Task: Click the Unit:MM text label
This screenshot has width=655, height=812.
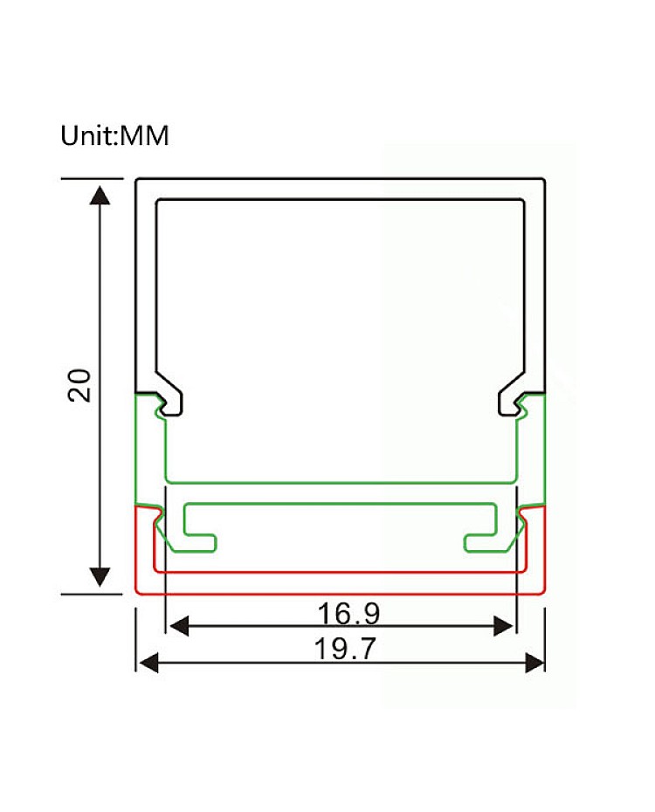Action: pyautogui.click(x=114, y=135)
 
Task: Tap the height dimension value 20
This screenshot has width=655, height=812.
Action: pyautogui.click(x=79, y=385)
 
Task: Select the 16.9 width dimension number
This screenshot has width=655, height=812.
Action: pyautogui.click(x=348, y=613)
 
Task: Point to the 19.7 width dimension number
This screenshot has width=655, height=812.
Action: pyautogui.click(x=345, y=649)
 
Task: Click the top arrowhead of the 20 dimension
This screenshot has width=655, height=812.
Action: pyautogui.click(x=100, y=196)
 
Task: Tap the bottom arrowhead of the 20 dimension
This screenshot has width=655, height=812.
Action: pyautogui.click(x=100, y=576)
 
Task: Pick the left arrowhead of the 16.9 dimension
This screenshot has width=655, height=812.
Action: pyautogui.click(x=179, y=626)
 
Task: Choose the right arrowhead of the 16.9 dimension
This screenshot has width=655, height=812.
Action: pyautogui.click(x=503, y=626)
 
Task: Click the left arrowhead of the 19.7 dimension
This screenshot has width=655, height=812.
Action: pyautogui.click(x=149, y=663)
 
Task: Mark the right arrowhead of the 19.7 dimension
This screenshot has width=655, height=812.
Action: pyautogui.click(x=534, y=663)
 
